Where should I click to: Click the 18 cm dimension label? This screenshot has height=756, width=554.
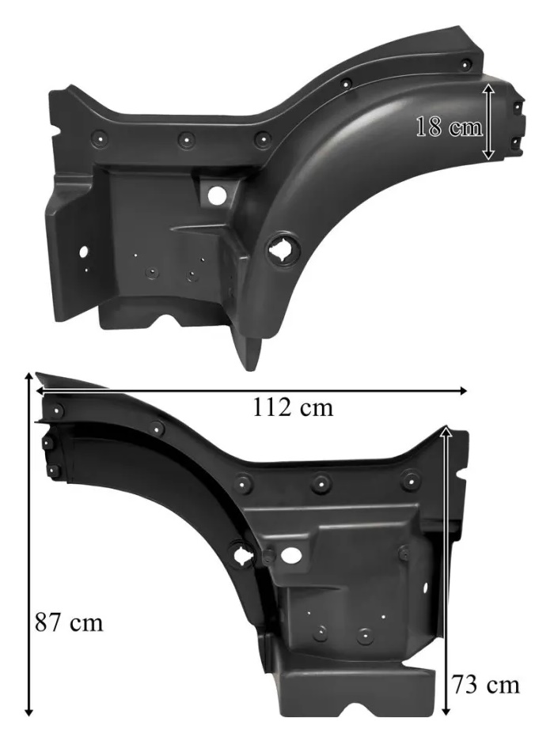pyautogui.click(x=449, y=127)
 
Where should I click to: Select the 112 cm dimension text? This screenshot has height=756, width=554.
pyautogui.click(x=293, y=407)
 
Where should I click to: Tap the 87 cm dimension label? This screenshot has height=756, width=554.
pyautogui.click(x=69, y=622)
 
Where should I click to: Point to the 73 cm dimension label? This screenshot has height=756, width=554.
pyautogui.click(x=485, y=684)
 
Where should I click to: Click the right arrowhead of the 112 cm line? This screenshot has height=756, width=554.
pyautogui.click(x=462, y=390)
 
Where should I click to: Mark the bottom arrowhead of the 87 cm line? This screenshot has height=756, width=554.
pyautogui.click(x=29, y=712)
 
